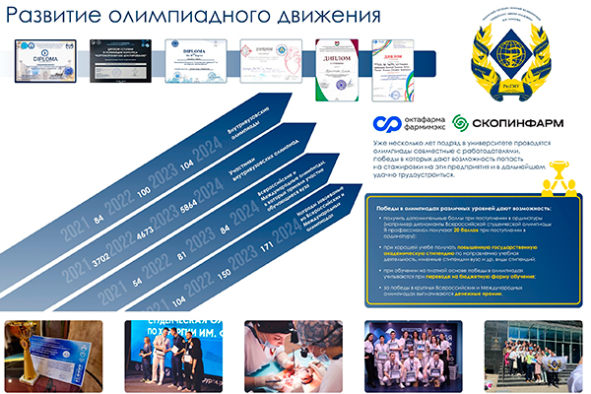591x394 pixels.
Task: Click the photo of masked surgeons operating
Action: pos(285,352)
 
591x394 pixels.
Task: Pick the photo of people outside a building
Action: pos(531,352)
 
